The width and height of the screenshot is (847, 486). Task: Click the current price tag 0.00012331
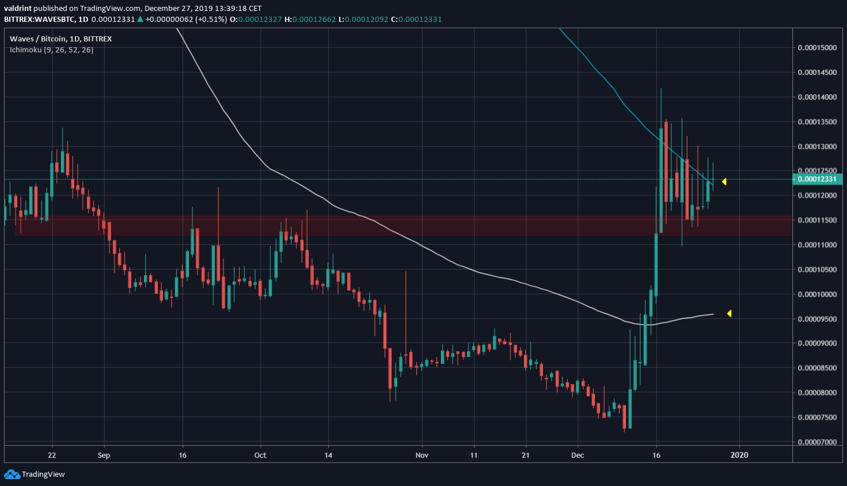(817, 179)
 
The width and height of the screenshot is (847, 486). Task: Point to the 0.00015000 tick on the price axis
(817, 48)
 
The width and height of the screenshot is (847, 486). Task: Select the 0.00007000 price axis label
(817, 442)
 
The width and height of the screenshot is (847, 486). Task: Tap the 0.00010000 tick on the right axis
(817, 294)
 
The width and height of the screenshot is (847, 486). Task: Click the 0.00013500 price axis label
(817, 122)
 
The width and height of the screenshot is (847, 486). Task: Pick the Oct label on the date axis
(260, 455)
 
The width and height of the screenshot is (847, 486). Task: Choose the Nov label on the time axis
(422, 455)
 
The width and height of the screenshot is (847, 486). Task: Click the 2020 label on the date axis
(739, 455)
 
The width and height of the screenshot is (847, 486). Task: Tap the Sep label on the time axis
(104, 455)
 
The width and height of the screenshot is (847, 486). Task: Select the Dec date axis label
(578, 455)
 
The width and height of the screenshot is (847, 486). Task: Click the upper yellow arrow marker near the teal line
(724, 182)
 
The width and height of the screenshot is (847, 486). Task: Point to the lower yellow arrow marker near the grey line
(729, 314)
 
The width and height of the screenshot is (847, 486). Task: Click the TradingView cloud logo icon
(12, 474)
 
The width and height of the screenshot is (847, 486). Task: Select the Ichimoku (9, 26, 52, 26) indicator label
(52, 50)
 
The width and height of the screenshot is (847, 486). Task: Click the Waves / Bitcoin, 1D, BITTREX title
(61, 39)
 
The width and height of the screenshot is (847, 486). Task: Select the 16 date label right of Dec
(656, 455)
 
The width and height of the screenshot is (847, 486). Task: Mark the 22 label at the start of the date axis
(52, 455)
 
